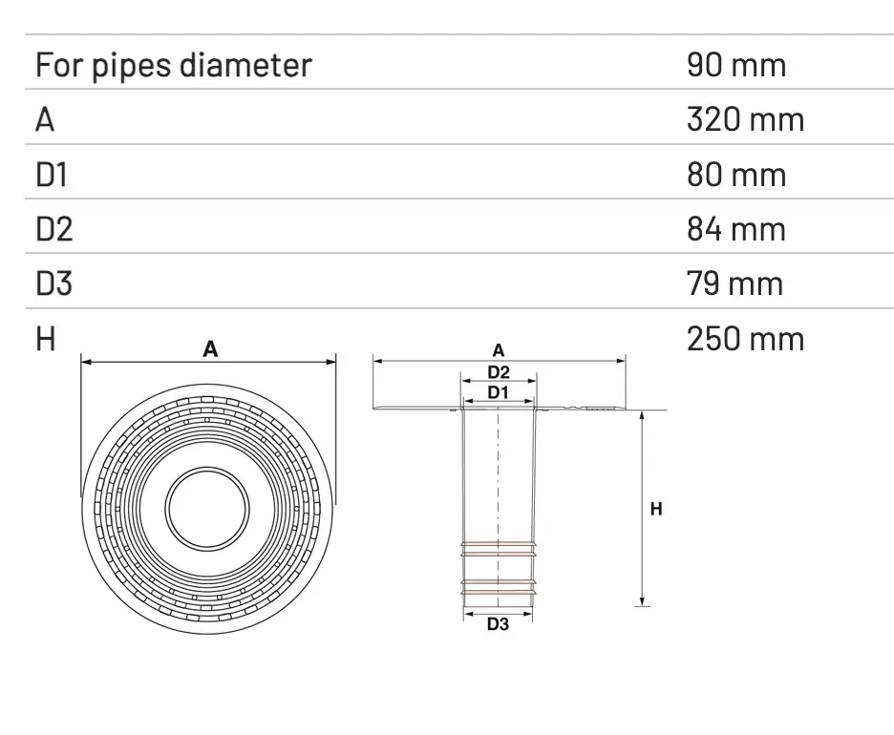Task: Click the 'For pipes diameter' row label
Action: (x=173, y=65)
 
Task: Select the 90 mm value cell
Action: (x=735, y=65)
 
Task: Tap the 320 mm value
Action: (x=745, y=119)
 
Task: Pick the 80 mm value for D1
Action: (x=735, y=175)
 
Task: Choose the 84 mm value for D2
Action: (x=735, y=229)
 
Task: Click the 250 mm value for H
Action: (x=745, y=339)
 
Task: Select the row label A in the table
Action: (x=45, y=119)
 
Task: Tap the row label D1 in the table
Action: (x=53, y=175)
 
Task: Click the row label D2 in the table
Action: (x=54, y=229)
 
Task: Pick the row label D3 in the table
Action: (x=54, y=283)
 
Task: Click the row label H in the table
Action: (x=46, y=339)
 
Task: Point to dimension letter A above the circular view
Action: (x=210, y=350)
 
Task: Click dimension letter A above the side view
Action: (x=498, y=352)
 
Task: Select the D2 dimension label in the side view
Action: (x=498, y=372)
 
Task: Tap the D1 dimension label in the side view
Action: (x=498, y=392)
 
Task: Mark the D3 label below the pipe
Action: (x=498, y=625)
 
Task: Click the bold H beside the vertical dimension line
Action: (x=656, y=510)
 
